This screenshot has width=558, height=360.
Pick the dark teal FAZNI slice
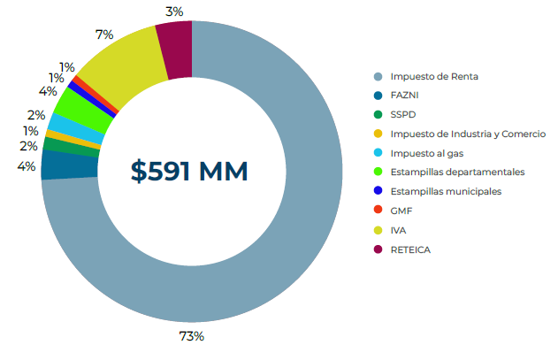[57, 165]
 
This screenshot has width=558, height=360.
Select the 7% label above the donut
[103, 34]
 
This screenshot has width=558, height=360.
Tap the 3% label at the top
[174, 11]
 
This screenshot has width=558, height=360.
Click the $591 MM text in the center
[190, 171]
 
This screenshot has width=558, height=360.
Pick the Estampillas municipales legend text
[446, 191]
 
